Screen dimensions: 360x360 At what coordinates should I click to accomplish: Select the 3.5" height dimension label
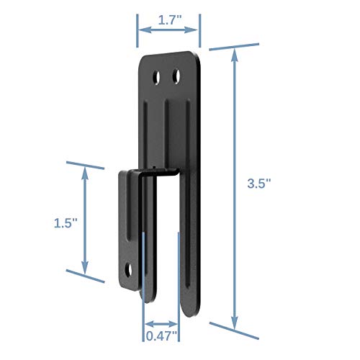click(268, 184)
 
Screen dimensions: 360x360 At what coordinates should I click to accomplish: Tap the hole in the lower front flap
click(130, 271)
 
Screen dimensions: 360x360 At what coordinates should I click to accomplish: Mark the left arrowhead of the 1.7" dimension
click(141, 30)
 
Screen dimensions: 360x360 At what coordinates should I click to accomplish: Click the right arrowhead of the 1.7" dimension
click(196, 30)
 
